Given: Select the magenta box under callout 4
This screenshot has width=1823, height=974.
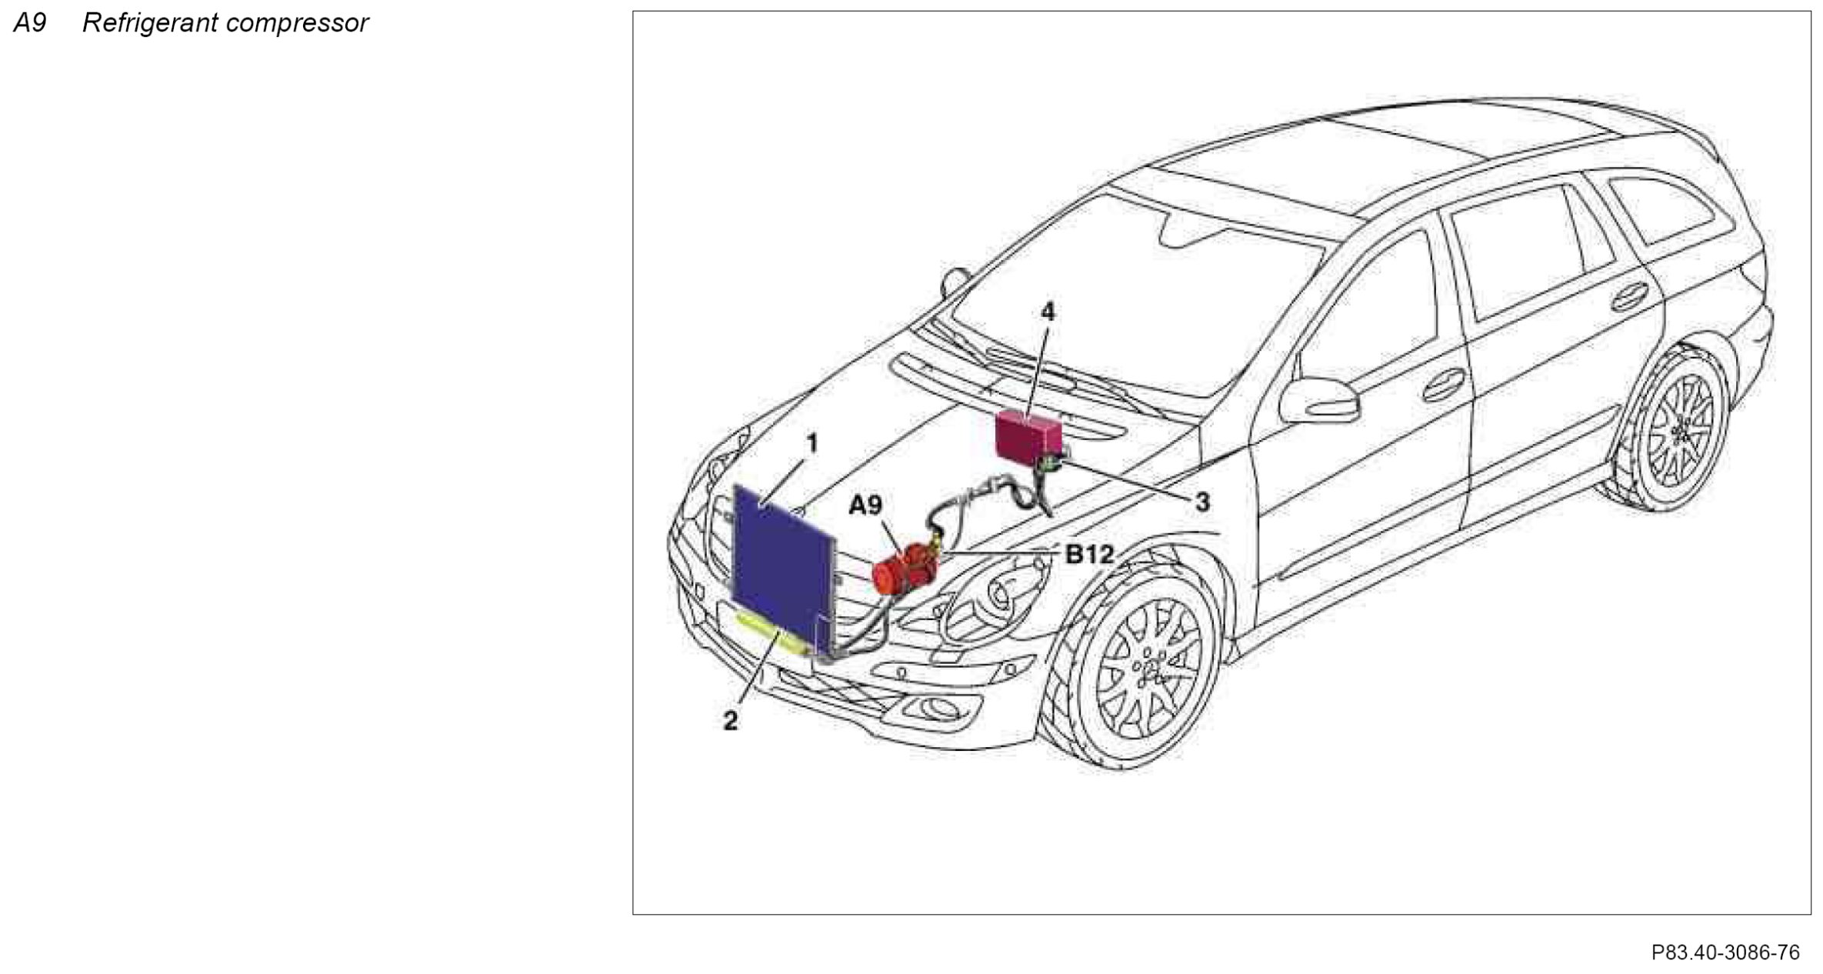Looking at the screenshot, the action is (x=1028, y=435).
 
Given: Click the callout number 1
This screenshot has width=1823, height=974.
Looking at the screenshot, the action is (x=811, y=444).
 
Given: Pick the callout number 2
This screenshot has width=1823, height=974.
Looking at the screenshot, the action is (x=730, y=721).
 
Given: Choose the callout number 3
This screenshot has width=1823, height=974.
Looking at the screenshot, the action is (x=1201, y=502).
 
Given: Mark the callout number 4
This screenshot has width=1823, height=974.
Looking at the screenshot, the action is (x=1048, y=312).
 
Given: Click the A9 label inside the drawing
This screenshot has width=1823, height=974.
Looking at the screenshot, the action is (x=865, y=505).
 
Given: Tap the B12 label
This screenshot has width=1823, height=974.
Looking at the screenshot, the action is (x=1089, y=554).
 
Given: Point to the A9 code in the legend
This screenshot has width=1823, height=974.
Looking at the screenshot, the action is (x=30, y=23).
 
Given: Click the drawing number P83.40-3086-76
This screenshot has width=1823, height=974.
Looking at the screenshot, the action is (x=1725, y=952).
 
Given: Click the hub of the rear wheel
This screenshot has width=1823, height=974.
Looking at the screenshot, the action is (x=1681, y=433).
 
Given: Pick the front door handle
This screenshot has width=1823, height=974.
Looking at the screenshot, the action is (x=1443, y=385).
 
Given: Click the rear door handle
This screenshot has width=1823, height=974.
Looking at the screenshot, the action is (x=1629, y=296).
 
